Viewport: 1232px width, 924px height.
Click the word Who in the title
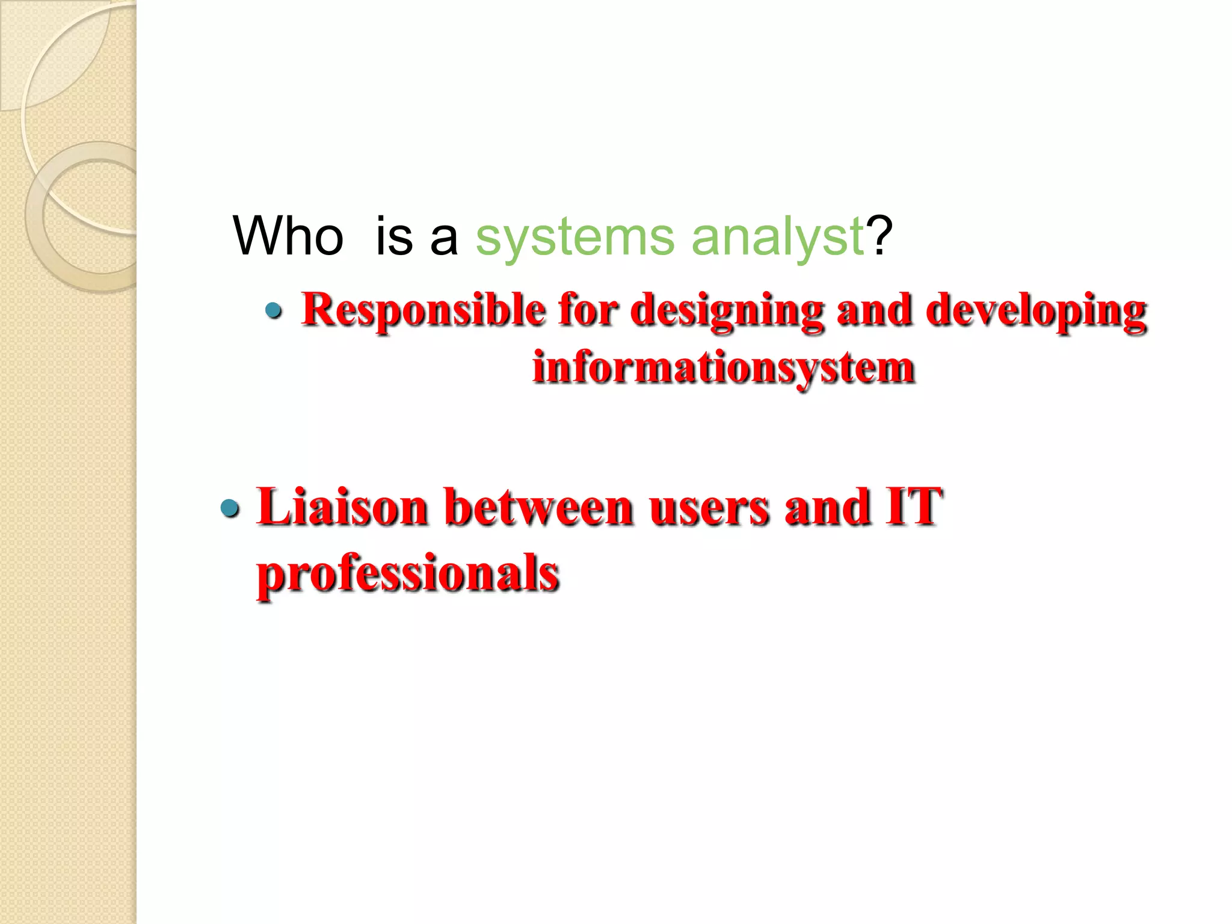[288, 236]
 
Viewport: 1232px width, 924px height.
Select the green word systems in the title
[575, 237]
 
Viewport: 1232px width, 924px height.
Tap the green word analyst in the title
[777, 237]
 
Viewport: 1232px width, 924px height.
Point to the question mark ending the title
[879, 236]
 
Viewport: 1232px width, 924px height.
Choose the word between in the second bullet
[539, 507]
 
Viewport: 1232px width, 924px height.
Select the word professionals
[408, 573]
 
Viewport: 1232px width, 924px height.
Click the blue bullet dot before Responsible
[274, 311]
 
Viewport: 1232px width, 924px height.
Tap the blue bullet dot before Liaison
[230, 509]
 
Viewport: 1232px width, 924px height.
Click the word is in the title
[395, 236]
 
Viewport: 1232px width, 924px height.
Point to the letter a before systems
[444, 237]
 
